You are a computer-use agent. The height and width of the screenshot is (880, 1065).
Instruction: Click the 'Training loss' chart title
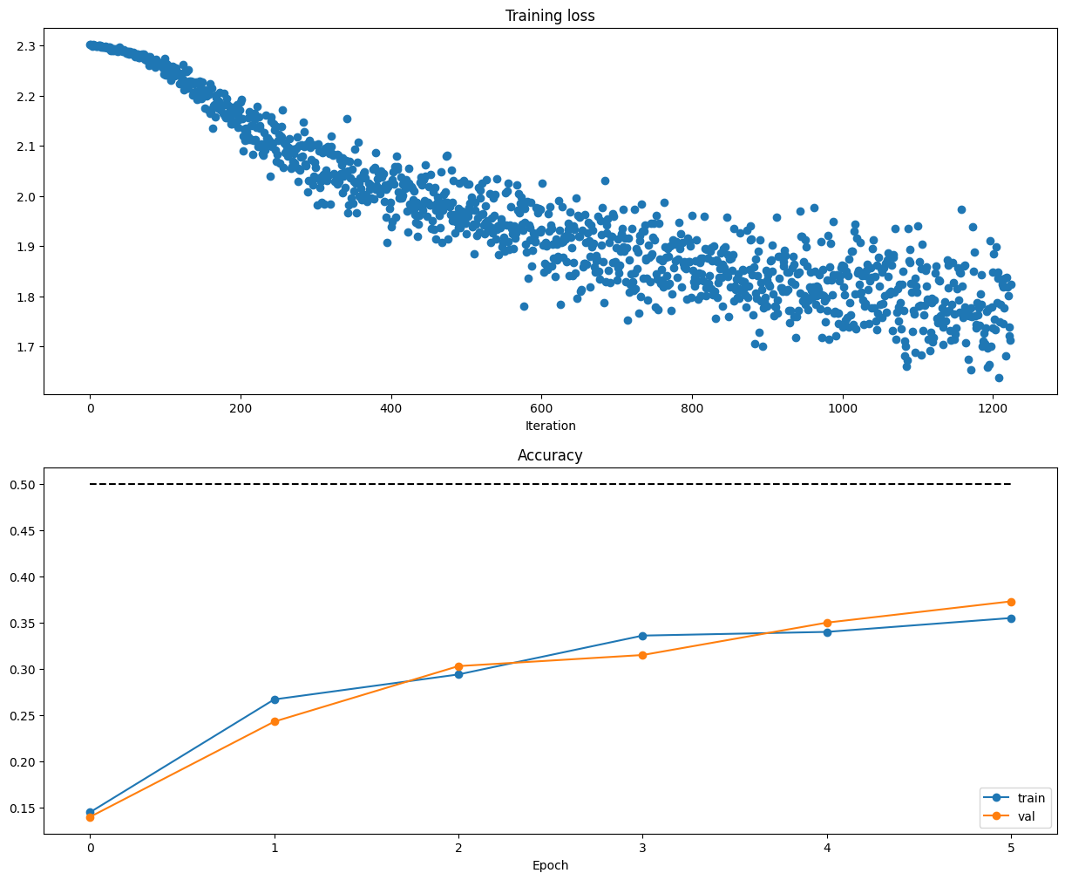click(x=550, y=16)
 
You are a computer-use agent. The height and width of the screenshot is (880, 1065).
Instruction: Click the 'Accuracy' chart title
click(x=550, y=455)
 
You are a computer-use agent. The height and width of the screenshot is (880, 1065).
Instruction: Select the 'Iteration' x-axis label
click(x=550, y=426)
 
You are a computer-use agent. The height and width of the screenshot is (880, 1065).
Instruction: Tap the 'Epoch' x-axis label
click(x=550, y=865)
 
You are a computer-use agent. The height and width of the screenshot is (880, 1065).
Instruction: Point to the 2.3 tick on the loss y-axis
click(x=26, y=45)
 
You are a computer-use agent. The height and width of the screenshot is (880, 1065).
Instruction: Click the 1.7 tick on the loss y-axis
click(x=26, y=347)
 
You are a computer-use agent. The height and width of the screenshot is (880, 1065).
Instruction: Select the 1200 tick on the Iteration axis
click(x=992, y=407)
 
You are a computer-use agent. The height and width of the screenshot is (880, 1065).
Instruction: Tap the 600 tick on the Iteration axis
click(x=541, y=407)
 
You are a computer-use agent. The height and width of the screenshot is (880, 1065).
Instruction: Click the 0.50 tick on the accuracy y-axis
click(x=23, y=484)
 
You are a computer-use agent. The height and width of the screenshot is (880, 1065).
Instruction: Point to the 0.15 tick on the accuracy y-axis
click(x=23, y=808)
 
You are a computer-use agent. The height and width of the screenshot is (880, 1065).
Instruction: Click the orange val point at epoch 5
click(x=1011, y=602)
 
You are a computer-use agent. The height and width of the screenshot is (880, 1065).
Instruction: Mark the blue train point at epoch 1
click(x=275, y=699)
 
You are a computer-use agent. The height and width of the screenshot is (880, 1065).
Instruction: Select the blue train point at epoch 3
click(x=642, y=636)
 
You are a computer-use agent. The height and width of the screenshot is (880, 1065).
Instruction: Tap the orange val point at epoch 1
click(x=275, y=721)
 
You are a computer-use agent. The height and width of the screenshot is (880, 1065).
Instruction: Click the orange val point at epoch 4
click(x=826, y=623)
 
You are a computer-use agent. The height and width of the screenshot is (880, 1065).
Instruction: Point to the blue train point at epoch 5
click(x=1011, y=618)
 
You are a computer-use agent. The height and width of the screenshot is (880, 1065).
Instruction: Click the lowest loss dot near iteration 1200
click(x=999, y=378)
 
